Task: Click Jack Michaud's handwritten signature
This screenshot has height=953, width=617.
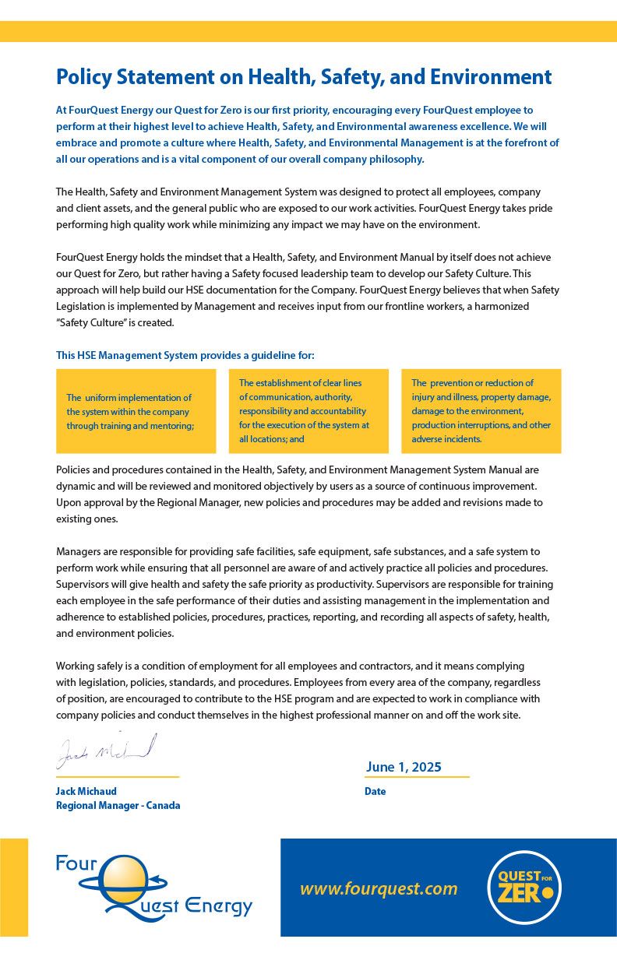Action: tap(106, 750)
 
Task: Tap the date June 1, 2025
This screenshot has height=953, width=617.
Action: tap(403, 767)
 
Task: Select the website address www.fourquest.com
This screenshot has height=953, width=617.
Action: tap(379, 888)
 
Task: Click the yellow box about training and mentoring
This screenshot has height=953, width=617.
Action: tap(136, 411)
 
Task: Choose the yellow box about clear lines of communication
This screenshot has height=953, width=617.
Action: tap(308, 411)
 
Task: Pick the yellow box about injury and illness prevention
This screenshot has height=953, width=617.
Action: tap(481, 411)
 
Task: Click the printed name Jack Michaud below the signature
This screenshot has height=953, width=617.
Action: tap(86, 791)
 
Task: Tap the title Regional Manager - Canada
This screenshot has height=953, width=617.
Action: tap(118, 805)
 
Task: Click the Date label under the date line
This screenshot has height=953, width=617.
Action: tap(375, 791)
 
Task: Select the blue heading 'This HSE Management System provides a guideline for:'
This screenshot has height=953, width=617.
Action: tap(185, 355)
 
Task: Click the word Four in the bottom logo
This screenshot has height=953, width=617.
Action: tap(75, 863)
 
